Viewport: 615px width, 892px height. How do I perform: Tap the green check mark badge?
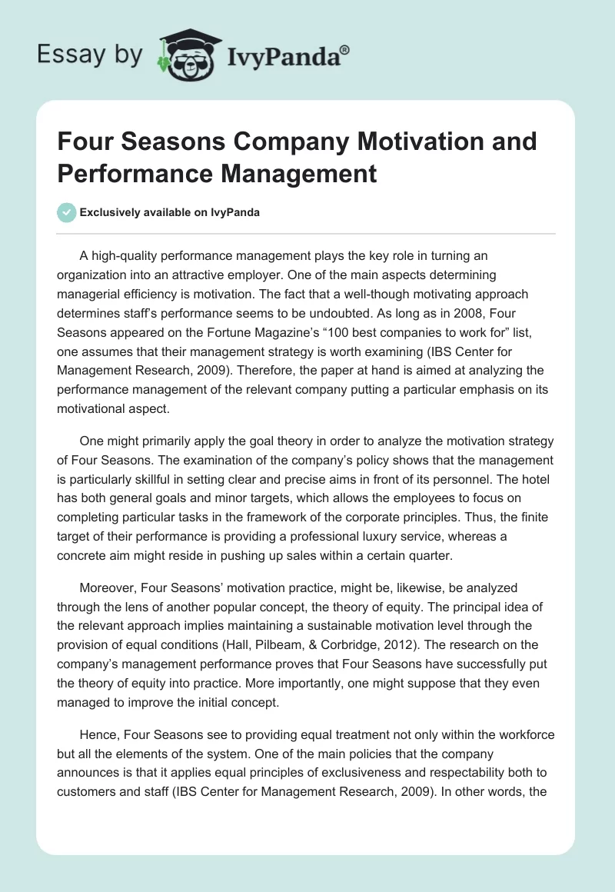pyautogui.click(x=66, y=212)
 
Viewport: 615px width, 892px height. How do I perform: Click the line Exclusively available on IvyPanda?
pyautogui.click(x=169, y=213)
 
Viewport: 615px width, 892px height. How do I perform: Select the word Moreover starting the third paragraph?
pyautogui.click(x=108, y=587)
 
